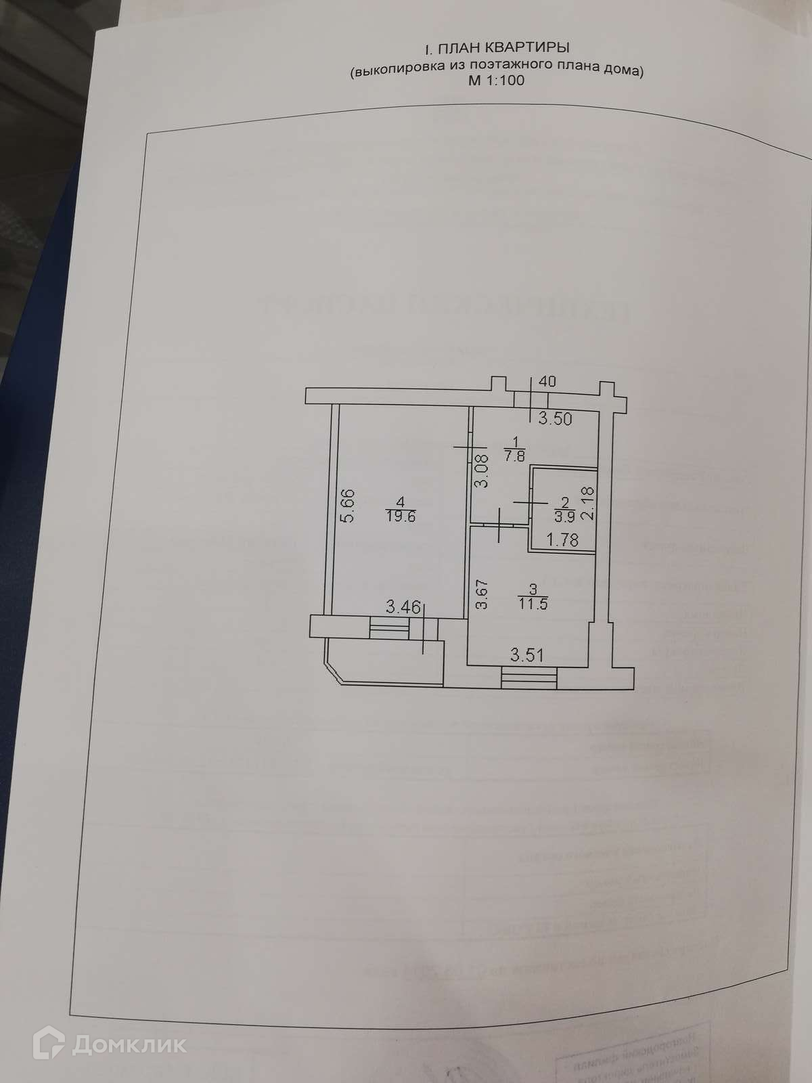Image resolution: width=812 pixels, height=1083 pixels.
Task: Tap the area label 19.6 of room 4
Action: (x=401, y=514)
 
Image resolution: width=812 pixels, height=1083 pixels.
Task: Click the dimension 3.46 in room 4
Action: (x=403, y=607)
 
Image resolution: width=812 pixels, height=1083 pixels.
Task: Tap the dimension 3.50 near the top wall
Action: (x=555, y=419)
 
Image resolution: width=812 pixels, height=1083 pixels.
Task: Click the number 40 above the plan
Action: (x=548, y=382)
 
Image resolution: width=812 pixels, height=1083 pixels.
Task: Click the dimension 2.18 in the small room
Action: (x=588, y=504)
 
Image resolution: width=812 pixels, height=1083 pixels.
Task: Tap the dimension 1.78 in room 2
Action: (x=563, y=539)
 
